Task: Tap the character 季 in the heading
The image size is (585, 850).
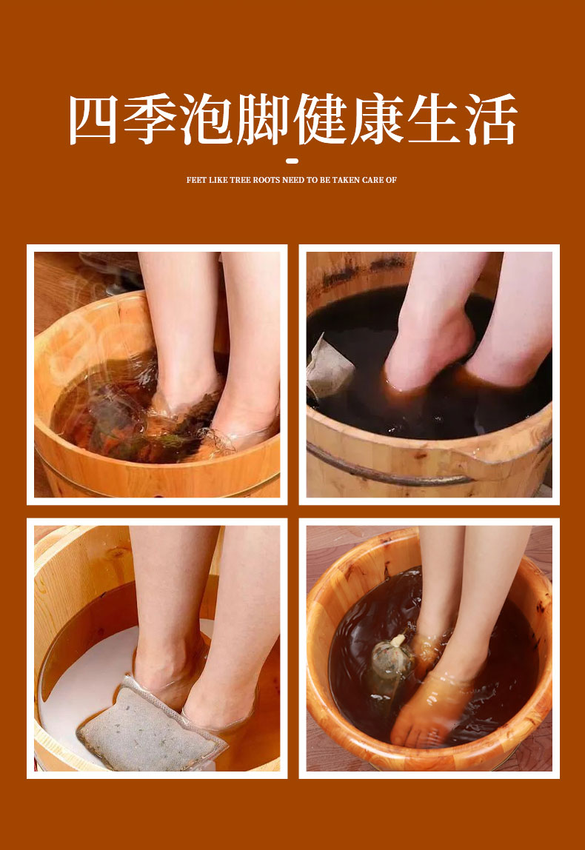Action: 149,119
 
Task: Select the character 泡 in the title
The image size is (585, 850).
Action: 206,119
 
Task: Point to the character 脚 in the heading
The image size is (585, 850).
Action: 263,119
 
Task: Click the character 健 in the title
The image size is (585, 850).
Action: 321,119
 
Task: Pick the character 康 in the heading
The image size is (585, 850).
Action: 378,119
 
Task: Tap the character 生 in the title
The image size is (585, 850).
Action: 434,119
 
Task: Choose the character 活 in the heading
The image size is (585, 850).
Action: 491,119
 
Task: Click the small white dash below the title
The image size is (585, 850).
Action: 292,161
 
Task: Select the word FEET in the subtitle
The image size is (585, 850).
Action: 196,180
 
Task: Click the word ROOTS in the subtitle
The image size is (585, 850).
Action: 265,180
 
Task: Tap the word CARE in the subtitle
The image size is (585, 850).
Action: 372,180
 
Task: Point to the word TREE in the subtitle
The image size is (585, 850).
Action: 239,180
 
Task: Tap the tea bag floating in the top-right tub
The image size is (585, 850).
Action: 329,367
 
